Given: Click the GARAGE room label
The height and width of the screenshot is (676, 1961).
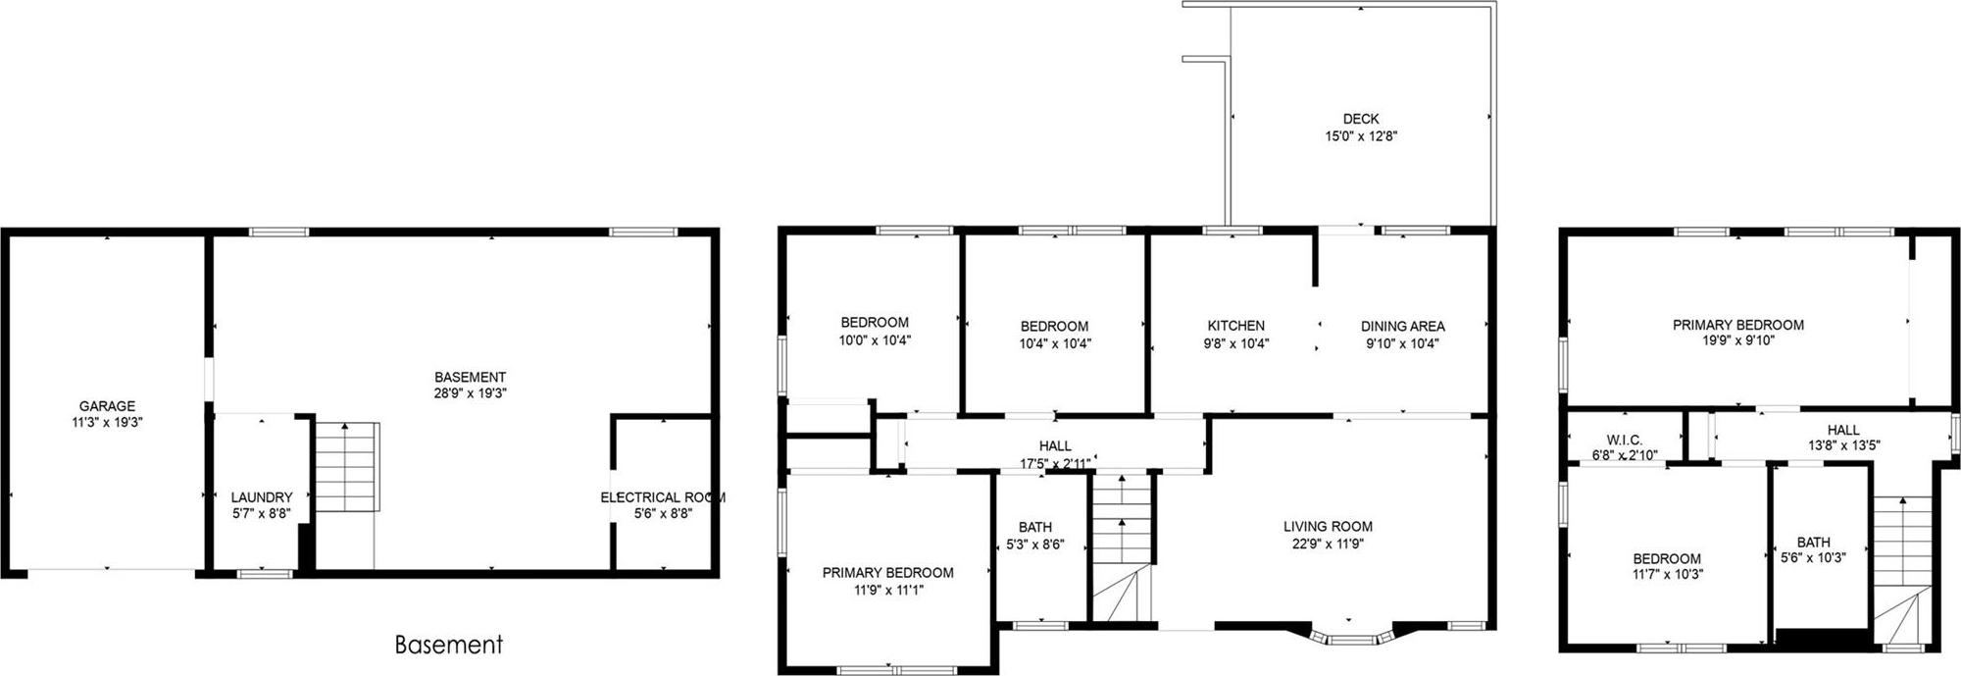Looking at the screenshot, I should pyautogui.click(x=107, y=406).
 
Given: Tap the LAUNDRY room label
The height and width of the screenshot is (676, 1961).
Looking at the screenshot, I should pyautogui.click(x=262, y=497).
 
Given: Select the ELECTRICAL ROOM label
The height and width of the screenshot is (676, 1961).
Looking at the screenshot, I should pyautogui.click(x=663, y=497).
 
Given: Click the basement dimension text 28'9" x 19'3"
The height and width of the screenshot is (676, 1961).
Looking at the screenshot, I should pyautogui.click(x=471, y=392).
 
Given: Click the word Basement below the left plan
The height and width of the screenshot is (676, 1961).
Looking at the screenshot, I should pyautogui.click(x=448, y=645).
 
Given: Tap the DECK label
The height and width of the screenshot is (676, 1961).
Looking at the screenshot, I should pyautogui.click(x=1361, y=120).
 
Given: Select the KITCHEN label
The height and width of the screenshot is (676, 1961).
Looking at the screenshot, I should pyautogui.click(x=1235, y=326).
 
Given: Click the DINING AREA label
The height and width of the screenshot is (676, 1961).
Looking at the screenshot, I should pyautogui.click(x=1402, y=326).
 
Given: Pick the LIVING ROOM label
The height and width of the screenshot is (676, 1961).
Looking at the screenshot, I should pyautogui.click(x=1328, y=527).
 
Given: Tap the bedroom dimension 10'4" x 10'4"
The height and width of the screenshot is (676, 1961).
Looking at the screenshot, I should pyautogui.click(x=1055, y=343).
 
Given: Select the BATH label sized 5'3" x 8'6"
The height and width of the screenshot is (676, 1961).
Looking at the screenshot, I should pyautogui.click(x=1034, y=527).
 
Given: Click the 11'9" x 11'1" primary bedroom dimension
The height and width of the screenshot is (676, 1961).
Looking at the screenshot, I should pyautogui.click(x=887, y=590).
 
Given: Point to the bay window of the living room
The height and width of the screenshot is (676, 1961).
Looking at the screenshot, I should pyautogui.click(x=1351, y=639).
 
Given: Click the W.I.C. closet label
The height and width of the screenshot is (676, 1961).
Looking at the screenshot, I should pyautogui.click(x=1624, y=440).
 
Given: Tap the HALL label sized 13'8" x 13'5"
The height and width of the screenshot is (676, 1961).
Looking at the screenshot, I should pyautogui.click(x=1843, y=430).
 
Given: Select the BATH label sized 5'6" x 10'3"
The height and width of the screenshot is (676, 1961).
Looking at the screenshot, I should pyautogui.click(x=1813, y=542).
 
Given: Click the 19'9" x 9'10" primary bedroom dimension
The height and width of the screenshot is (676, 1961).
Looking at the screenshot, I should pyautogui.click(x=1738, y=341).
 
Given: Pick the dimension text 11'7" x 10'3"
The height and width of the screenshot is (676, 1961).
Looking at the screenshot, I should pyautogui.click(x=1667, y=575).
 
